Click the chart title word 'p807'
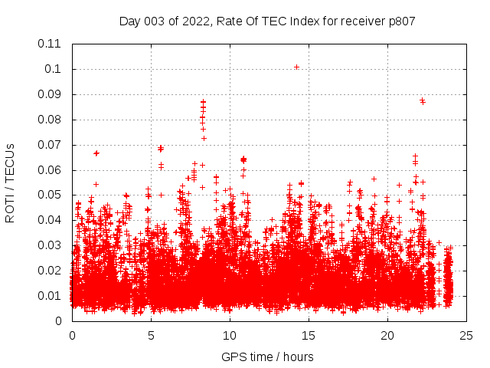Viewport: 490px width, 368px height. [x=401, y=21]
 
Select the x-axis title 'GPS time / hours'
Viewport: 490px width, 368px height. [x=267, y=356]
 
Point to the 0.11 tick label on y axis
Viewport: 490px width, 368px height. [x=50, y=44]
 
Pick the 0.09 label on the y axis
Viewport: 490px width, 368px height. [x=50, y=94]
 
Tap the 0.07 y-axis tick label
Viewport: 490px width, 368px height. [x=50, y=145]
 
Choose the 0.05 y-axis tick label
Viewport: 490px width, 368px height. [x=50, y=195]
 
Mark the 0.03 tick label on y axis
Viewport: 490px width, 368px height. [x=50, y=245]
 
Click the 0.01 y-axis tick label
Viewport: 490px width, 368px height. [x=50, y=296]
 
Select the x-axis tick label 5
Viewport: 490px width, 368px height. [x=151, y=335]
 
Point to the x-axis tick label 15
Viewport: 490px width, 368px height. [x=309, y=335]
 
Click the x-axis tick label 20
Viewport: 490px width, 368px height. [x=387, y=335]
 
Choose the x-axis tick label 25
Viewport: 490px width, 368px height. [x=466, y=335]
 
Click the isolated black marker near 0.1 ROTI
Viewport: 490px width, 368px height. [x=296, y=67]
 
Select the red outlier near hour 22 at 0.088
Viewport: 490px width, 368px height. [x=422, y=100]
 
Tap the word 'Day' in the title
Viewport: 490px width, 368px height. [x=130, y=21]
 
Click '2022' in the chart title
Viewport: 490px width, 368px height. [x=191, y=21]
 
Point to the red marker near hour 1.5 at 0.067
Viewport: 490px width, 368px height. [x=96, y=153]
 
